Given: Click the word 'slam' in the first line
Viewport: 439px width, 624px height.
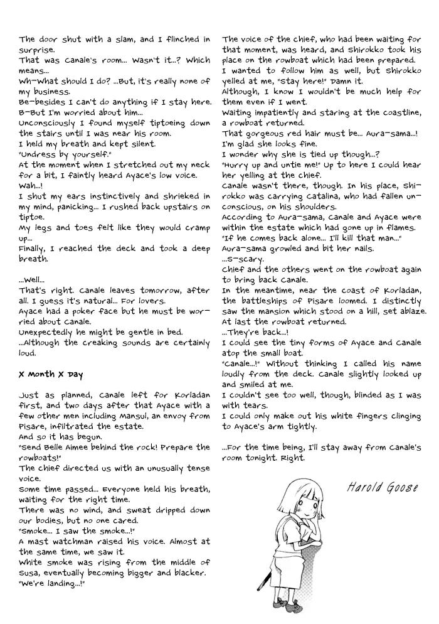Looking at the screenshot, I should (126, 39).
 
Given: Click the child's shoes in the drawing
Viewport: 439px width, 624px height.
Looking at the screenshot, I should (295, 605).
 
